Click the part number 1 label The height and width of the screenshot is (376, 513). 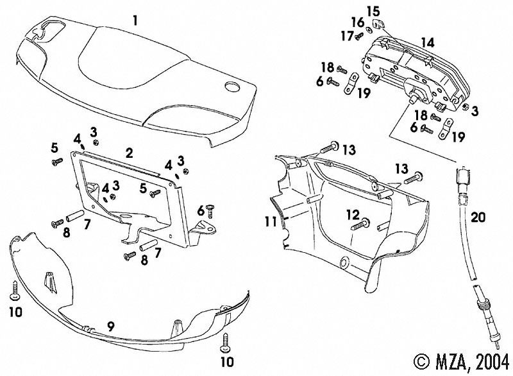coord(135,20)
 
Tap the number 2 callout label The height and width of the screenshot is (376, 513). coord(129,153)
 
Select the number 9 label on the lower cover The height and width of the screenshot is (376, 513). coord(110,326)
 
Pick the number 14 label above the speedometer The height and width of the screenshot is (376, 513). coord(426,43)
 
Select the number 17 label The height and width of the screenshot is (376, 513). coord(347,36)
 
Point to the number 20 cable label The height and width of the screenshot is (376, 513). coord(478,216)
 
